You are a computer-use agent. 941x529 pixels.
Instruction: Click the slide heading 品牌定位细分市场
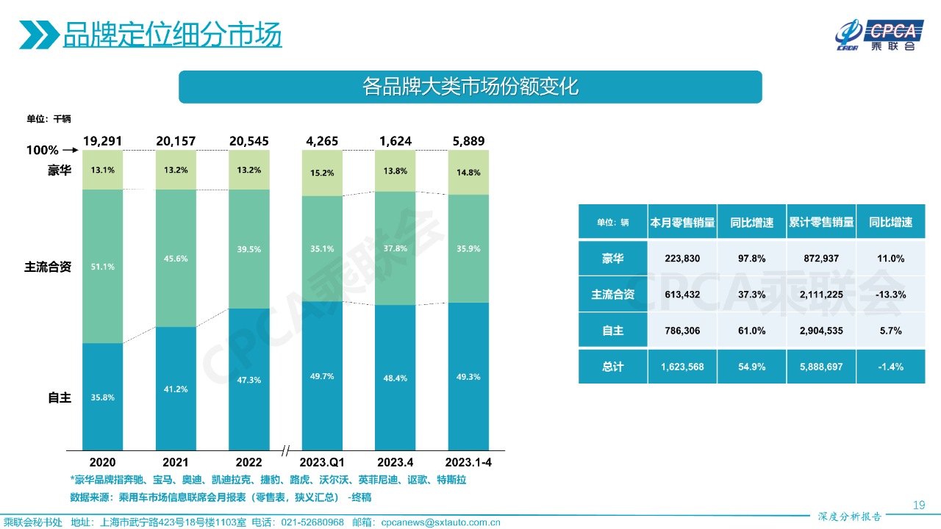pos(172,35)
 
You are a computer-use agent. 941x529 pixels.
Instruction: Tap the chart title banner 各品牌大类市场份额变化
pos(470,87)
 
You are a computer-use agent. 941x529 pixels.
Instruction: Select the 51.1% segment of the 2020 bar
pos(102,266)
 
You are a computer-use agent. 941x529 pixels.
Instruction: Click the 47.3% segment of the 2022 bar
pos(248,380)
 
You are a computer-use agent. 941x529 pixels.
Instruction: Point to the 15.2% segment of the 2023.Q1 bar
pos(322,173)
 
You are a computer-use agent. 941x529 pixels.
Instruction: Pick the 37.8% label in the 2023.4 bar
pos(396,248)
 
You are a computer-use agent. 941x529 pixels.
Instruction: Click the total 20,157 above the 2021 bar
pos(176,141)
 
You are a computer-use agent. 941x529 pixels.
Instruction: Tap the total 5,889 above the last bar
pos(468,141)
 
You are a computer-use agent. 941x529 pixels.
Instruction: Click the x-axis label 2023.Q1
pos(322,463)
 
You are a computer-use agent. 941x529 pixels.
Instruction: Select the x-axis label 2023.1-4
pos(468,463)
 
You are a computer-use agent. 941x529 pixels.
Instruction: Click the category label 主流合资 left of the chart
pos(48,267)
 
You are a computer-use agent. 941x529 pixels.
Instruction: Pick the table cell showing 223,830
pos(683,259)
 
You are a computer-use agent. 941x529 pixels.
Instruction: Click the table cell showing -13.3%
pos(891,295)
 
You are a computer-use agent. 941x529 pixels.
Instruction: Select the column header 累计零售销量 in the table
pos(821,223)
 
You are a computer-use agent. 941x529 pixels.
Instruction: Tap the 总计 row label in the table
pos(613,366)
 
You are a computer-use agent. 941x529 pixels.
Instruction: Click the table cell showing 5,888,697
pos(821,366)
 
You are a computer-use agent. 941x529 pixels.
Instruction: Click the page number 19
pos(918,505)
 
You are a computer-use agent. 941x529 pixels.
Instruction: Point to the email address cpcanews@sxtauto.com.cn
pos(440,522)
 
